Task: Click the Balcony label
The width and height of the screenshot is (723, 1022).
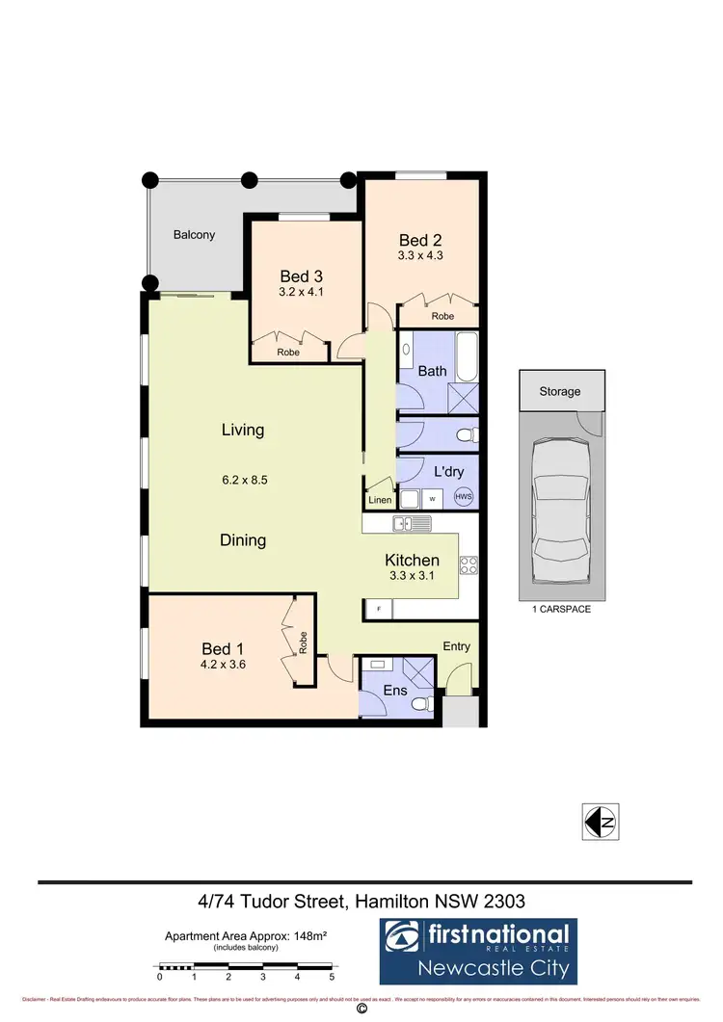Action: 194,234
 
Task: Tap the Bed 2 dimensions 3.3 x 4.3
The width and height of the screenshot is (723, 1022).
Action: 420,257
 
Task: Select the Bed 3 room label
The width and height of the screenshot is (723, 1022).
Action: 299,275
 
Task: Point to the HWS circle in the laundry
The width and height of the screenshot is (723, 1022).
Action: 465,497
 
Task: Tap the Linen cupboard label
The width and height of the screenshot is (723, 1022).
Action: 379,501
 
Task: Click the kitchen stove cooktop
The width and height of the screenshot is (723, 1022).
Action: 469,564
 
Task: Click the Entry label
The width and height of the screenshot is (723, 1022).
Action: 457,646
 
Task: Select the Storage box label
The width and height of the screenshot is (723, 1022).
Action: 560,392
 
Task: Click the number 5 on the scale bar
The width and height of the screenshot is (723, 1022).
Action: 333,977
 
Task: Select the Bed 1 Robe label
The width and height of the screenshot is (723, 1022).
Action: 303,642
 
